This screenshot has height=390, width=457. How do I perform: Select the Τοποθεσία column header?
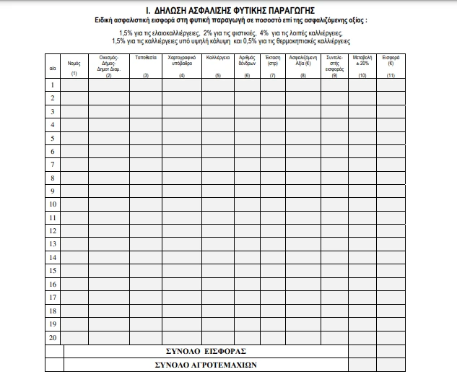point(147,56)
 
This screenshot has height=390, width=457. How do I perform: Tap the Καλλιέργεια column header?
point(218,56)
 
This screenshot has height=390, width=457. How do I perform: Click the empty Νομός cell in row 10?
point(74,204)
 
